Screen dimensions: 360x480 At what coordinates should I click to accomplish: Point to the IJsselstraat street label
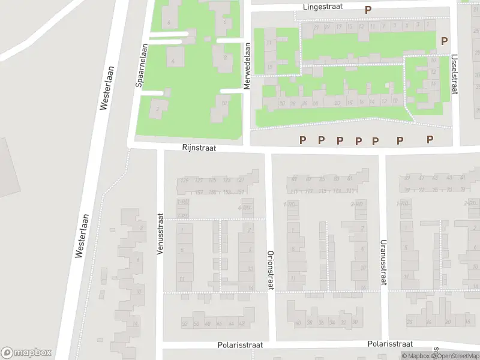tap(454, 75)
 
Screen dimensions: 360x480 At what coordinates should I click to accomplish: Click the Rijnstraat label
tap(199, 147)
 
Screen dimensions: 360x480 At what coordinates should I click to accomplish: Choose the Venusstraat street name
tap(160, 235)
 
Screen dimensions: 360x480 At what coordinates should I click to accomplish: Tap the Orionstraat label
tap(270, 270)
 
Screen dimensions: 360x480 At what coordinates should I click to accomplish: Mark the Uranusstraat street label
tap(382, 262)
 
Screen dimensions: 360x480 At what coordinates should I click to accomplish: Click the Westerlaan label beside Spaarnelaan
tap(106, 87)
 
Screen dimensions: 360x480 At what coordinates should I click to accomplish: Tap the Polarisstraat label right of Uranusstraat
tap(390, 344)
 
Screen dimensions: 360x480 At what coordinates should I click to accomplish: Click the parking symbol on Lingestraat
tap(368, 10)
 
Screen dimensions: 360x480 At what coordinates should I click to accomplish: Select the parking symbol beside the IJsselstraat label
tap(444, 41)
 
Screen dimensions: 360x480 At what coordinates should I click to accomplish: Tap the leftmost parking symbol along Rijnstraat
tap(303, 140)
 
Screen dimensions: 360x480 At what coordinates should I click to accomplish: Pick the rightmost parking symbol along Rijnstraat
tap(430, 139)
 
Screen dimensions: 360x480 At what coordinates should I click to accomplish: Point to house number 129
tap(185, 180)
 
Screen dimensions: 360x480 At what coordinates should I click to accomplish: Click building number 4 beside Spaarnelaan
tap(173, 61)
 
